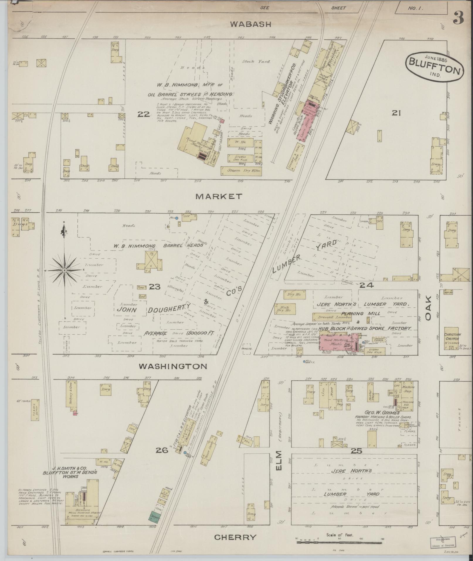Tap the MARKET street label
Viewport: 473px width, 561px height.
[x=219, y=196]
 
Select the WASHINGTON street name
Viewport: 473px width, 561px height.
[x=173, y=366]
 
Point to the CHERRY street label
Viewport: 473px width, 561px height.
[x=235, y=537]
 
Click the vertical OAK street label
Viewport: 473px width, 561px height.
[x=428, y=308]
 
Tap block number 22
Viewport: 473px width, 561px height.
[x=144, y=114]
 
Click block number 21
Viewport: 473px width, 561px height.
[x=396, y=113]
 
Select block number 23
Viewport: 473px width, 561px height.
[x=155, y=287]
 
